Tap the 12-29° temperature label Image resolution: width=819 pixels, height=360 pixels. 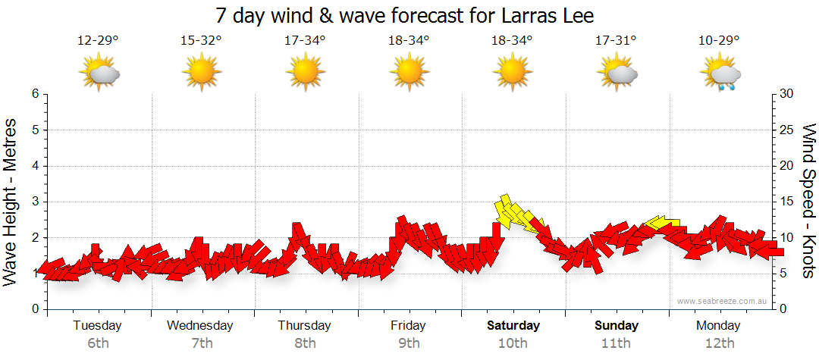(x=98, y=41)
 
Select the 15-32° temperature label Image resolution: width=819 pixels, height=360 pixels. (x=202, y=41)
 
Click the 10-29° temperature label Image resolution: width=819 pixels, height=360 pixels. (x=720, y=41)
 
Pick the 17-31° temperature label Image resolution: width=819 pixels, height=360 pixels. (x=616, y=41)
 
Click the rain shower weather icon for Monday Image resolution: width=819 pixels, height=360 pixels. (x=721, y=74)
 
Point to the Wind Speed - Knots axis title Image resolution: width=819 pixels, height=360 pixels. (x=808, y=202)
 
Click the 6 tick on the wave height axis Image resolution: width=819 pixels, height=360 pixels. (x=34, y=94)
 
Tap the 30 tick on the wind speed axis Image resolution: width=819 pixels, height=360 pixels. (x=786, y=94)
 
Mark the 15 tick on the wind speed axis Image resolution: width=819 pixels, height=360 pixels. (x=786, y=202)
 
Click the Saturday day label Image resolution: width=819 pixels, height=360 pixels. (x=513, y=326)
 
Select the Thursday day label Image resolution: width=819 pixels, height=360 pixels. (x=305, y=326)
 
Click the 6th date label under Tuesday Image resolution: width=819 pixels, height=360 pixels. (x=98, y=343)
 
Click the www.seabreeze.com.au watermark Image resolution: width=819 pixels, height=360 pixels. (x=723, y=301)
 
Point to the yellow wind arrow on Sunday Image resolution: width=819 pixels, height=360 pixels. (x=661, y=222)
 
